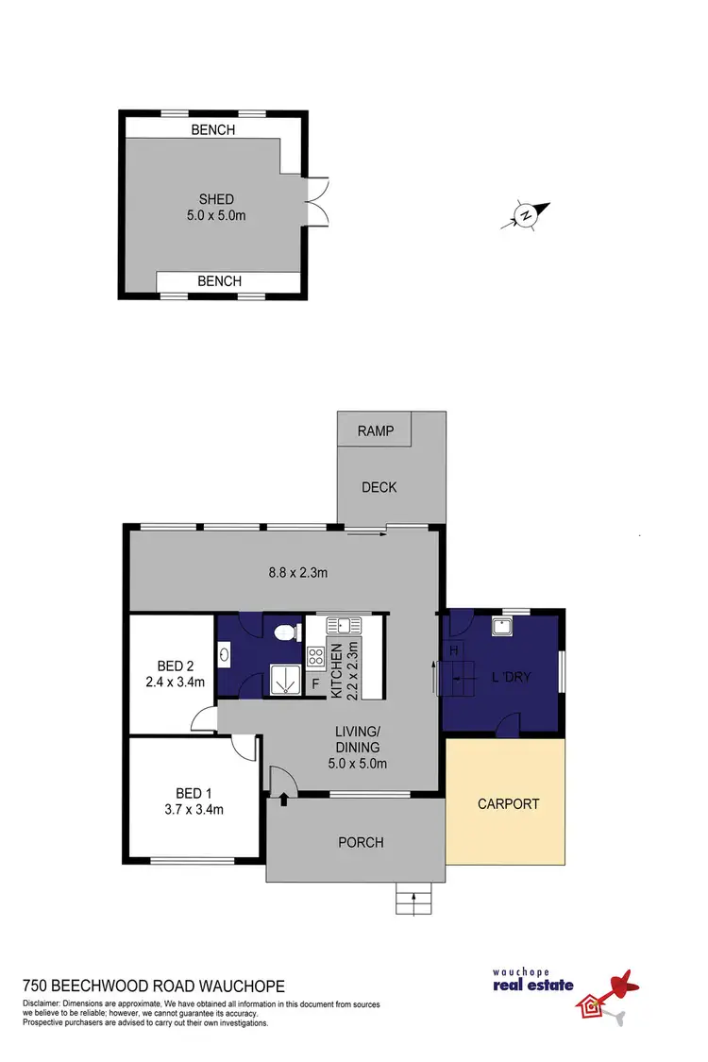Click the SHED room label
(215, 199)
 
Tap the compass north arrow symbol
(525, 216)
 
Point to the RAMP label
(374, 431)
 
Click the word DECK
(379, 487)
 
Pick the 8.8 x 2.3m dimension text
(295, 572)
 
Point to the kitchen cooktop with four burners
(315, 656)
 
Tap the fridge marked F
(315, 683)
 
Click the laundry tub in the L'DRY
(501, 628)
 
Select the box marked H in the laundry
(453, 651)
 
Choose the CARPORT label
(508, 804)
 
